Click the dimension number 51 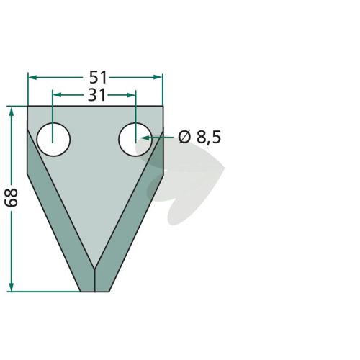(x=98, y=77)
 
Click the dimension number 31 (x=96, y=95)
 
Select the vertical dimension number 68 (x=12, y=197)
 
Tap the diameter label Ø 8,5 (x=199, y=138)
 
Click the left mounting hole (x=53, y=140)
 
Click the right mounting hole (x=135, y=140)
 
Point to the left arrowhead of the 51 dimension (x=32, y=77)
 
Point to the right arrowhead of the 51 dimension (x=158, y=77)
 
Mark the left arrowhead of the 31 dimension (x=56, y=95)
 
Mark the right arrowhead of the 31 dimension (x=131, y=95)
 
